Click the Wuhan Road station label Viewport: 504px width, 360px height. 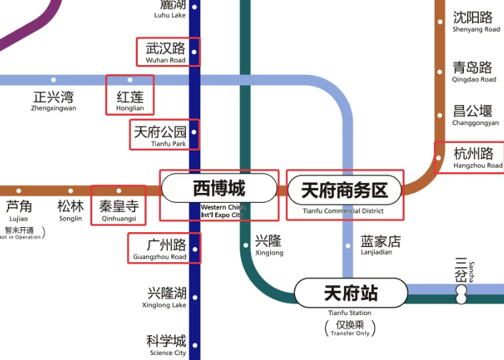click(x=166, y=52)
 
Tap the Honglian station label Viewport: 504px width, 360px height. click(x=129, y=100)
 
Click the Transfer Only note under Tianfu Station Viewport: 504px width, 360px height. click(x=350, y=329)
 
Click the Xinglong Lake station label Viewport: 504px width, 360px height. click(x=167, y=297)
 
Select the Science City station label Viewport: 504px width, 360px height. click(x=167, y=345)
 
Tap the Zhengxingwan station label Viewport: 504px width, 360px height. click(x=53, y=101)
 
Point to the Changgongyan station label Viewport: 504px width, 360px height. click(x=473, y=115)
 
